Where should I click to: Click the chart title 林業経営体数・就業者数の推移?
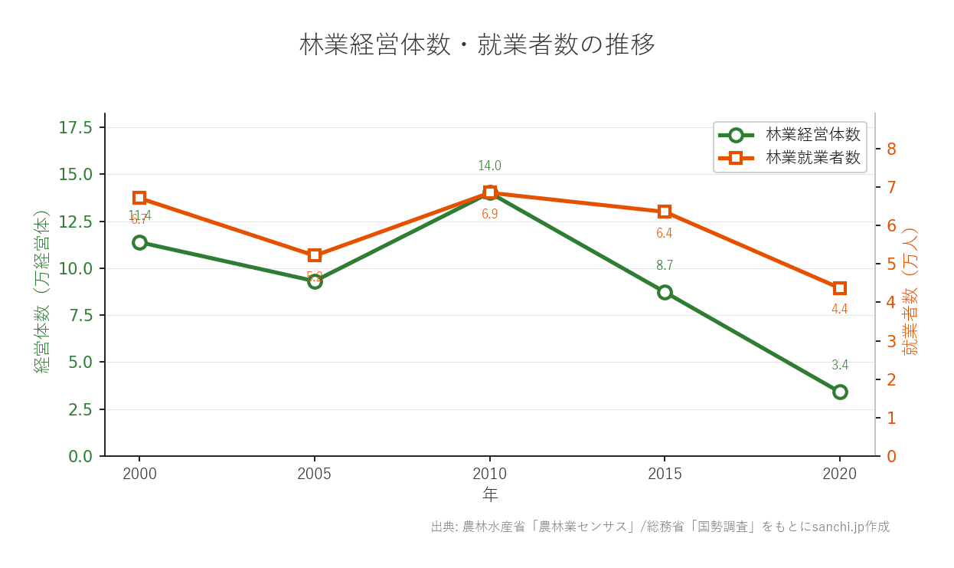(477, 44)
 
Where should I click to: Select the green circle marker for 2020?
(840, 392)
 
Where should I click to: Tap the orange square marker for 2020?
(840, 288)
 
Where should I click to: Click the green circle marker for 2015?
(665, 292)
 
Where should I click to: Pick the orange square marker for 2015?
(665, 212)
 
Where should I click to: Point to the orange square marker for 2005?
(315, 255)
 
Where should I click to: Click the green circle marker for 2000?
(139, 242)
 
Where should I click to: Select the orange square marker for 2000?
(139, 198)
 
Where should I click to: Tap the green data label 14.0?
(489, 166)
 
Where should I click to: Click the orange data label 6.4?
(664, 233)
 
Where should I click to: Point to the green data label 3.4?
(840, 365)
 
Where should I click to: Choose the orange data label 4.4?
(839, 309)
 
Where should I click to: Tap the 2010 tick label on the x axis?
(489, 474)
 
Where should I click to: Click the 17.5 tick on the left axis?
(76, 127)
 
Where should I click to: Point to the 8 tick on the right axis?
(891, 149)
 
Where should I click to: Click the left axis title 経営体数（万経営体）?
(42, 291)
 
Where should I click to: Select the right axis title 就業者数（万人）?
(910, 291)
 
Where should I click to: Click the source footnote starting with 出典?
(660, 527)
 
